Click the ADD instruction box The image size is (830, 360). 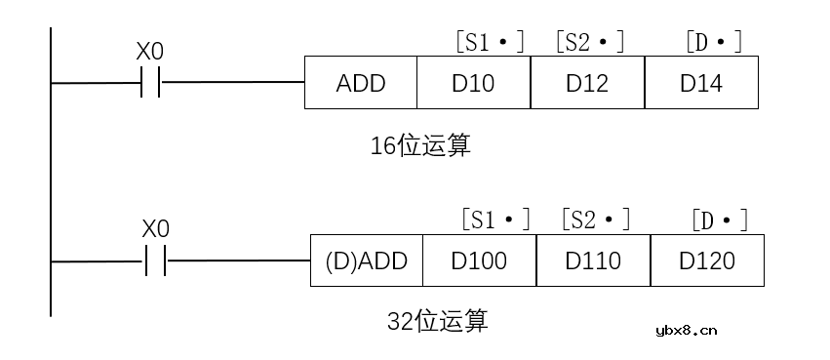pos(361,83)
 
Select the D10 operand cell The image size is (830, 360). pos(473,83)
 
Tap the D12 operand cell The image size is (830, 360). pos(587,83)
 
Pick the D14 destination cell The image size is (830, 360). pos(701,83)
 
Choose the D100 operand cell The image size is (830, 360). pos(479,260)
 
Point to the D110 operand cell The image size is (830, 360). pos(593,260)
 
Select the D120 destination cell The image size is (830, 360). pos(707,260)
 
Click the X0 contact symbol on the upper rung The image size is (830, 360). pos(151,83)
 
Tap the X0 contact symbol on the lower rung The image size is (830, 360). pos(156,260)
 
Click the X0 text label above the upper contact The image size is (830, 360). pos(151,52)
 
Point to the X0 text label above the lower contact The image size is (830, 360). pos(156,229)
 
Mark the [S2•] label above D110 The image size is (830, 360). pos(594,219)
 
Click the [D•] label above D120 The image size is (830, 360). pos(720,219)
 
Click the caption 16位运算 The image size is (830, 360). pos(420,145)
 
